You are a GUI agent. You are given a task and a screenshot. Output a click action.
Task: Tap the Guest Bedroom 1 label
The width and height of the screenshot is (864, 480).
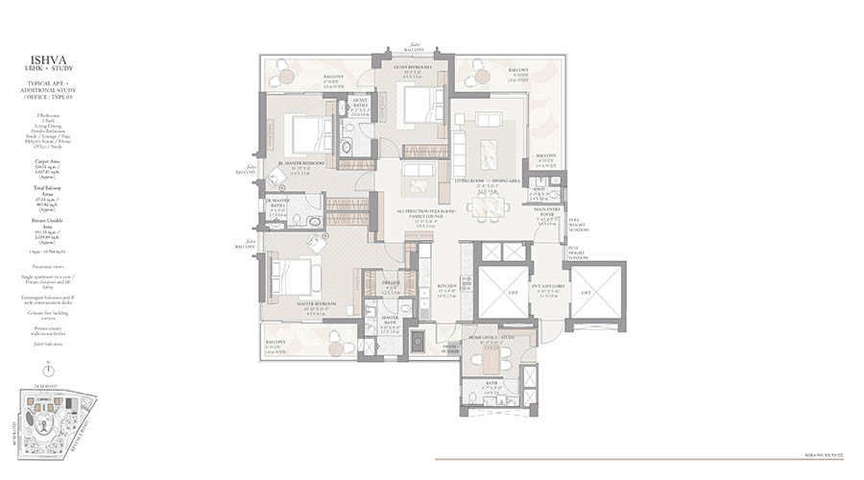click(x=412, y=66)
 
